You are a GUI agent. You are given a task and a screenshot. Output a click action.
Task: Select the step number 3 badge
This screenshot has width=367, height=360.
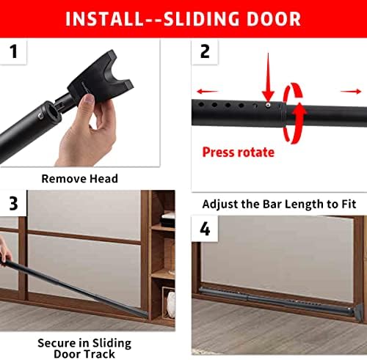pos(13,203)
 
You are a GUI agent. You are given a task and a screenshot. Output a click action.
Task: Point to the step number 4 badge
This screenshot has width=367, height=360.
pos(206,229)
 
